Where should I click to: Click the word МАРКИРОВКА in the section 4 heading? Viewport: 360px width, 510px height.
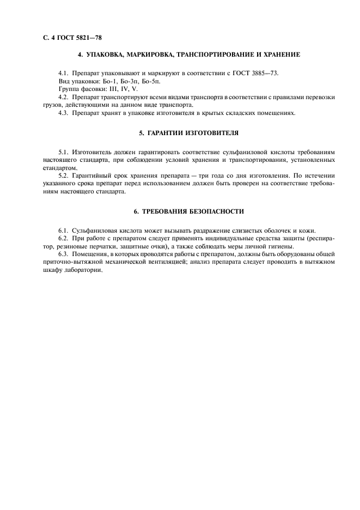point(139,54)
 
